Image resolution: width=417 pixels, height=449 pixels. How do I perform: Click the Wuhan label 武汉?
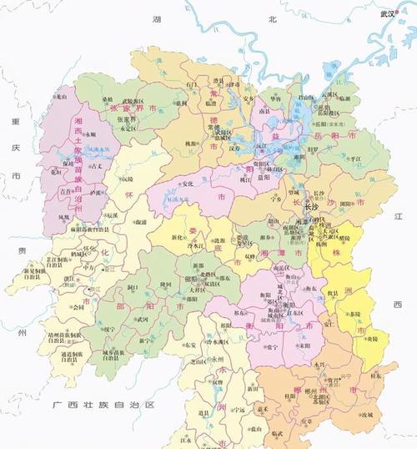(x=385, y=13)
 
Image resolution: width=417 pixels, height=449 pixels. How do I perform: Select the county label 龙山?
(x=61, y=97)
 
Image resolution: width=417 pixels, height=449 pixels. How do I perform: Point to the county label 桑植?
(x=108, y=99)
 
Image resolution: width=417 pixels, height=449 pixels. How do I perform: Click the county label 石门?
(x=193, y=85)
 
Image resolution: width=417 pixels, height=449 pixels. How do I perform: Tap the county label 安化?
(x=188, y=184)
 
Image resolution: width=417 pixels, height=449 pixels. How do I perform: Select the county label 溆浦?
(x=141, y=222)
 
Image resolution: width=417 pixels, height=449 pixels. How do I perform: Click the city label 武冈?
(x=143, y=319)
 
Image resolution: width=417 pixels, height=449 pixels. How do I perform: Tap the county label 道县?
(x=203, y=411)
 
